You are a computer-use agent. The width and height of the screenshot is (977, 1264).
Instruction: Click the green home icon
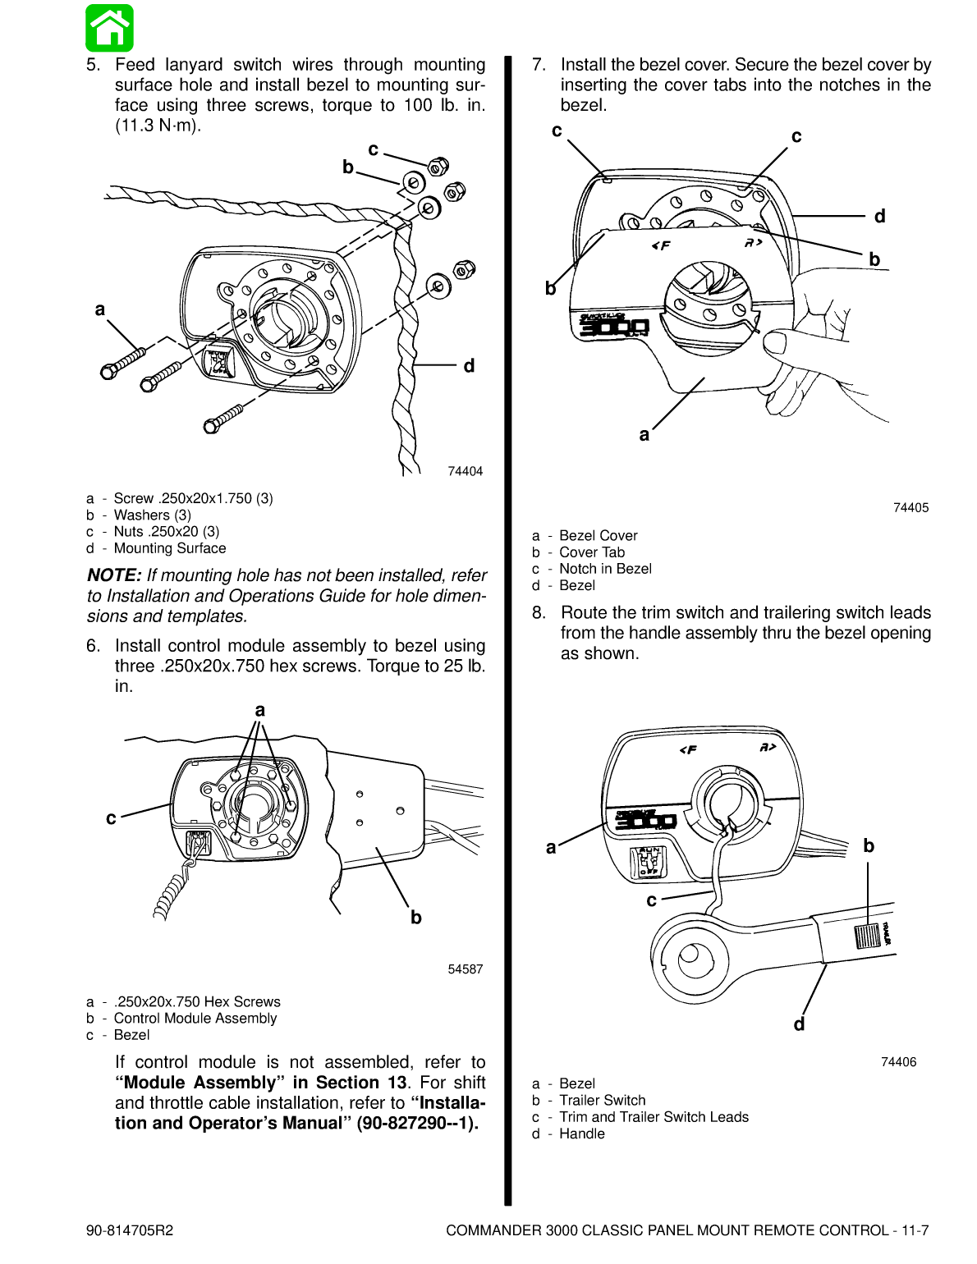point(109,28)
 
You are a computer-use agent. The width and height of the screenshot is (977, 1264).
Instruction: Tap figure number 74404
point(465,471)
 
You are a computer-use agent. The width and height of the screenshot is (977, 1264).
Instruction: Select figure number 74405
point(910,507)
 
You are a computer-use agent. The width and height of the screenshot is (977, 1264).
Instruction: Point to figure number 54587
point(465,969)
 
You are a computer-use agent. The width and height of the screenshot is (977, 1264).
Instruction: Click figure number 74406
point(898,1062)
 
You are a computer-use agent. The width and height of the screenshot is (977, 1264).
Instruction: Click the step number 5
point(93,65)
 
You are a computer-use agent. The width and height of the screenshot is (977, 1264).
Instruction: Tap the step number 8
point(539,613)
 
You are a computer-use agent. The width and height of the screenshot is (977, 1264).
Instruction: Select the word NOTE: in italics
point(114,575)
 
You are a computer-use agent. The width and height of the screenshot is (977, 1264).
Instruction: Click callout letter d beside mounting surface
point(469,366)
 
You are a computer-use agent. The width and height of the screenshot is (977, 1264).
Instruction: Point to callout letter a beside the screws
point(100,309)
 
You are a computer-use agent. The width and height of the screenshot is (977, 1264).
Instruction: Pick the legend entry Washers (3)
point(152,515)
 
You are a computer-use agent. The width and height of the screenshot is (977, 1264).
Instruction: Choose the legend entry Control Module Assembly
point(195,1019)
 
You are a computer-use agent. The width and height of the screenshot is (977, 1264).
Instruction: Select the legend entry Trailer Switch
point(602,1101)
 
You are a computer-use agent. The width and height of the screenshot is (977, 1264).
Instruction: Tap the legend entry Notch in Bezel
point(605,569)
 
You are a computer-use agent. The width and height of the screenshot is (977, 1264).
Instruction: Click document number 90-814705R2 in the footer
point(130,1230)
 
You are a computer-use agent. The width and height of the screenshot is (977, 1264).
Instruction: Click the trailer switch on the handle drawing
point(867,936)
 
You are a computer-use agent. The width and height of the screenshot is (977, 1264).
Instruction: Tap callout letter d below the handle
point(799,1024)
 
